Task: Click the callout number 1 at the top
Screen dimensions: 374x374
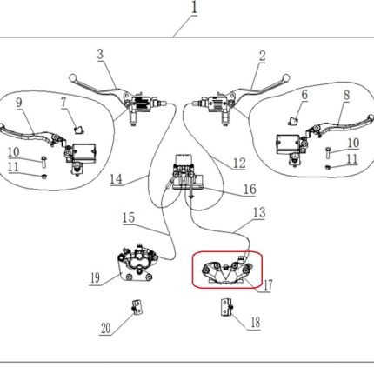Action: tap(195, 8)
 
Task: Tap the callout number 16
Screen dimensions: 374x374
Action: tap(250, 189)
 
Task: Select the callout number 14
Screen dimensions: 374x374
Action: tap(116, 179)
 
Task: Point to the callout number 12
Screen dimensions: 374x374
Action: tap(239, 164)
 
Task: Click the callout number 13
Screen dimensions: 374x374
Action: tap(259, 212)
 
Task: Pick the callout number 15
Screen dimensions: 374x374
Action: tap(129, 217)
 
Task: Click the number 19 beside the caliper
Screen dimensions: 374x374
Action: tap(95, 278)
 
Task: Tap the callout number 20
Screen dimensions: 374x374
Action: tap(105, 329)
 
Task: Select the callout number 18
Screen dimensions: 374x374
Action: tap(256, 322)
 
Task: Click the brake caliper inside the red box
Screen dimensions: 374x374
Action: tap(226, 271)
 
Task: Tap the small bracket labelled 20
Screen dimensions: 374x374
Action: tap(137, 307)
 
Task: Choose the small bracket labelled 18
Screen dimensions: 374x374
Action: tap(227, 307)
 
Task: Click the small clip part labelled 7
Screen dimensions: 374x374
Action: tap(79, 130)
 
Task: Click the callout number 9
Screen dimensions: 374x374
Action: tap(19, 103)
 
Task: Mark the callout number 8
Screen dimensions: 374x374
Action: tap(346, 96)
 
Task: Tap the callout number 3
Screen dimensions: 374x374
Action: tap(100, 54)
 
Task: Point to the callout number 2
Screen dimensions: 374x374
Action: tap(262, 56)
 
